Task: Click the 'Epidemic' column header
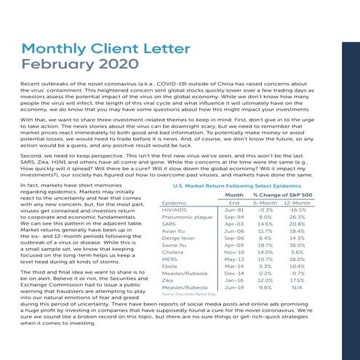tap(175, 203)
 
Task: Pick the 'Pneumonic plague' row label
tap(187, 217)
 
